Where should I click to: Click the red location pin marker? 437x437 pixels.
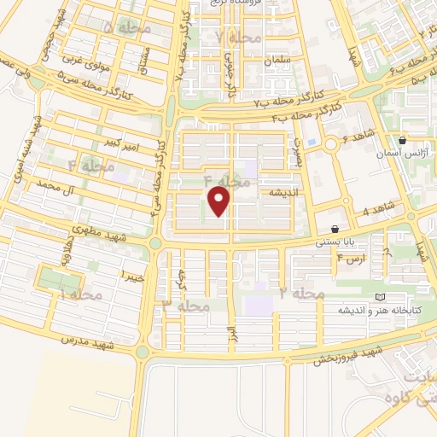(x=220, y=201)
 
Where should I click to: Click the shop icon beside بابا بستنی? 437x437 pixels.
(x=335, y=230)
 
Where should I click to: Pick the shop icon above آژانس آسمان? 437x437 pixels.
(x=403, y=140)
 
